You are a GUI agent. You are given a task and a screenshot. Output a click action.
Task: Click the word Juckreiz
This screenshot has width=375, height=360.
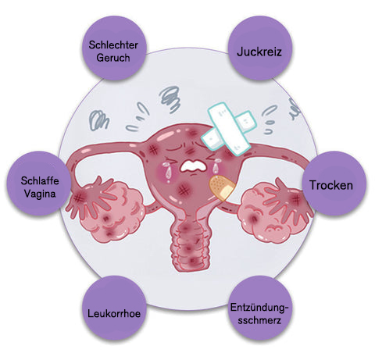pyautogui.click(x=259, y=52)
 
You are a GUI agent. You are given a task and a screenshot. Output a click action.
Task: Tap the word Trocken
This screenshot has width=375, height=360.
pyautogui.click(x=331, y=185)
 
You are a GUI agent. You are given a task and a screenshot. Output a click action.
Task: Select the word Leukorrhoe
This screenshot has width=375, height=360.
pyautogui.click(x=114, y=313)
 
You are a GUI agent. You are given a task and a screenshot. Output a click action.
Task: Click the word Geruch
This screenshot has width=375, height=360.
pyautogui.click(x=113, y=58)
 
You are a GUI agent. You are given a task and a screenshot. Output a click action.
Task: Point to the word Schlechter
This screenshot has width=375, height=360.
pyautogui.click(x=113, y=45)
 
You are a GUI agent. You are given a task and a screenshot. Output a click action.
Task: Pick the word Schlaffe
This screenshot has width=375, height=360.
pyautogui.click(x=40, y=180)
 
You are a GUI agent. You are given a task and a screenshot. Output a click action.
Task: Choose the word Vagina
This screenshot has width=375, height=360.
pyautogui.click(x=40, y=194)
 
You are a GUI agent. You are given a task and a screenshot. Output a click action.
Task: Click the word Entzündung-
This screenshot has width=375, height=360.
pyautogui.click(x=259, y=308)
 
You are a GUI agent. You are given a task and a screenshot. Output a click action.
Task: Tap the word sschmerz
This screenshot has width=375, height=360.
pyautogui.click(x=259, y=320)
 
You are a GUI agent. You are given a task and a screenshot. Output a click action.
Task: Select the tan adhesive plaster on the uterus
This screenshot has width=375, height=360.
pyautogui.click(x=222, y=187)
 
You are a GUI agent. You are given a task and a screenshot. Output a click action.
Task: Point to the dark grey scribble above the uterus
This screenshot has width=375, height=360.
pyautogui.click(x=170, y=99)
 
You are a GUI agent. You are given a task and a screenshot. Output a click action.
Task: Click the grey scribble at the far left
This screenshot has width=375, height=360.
pyautogui.click(x=98, y=120)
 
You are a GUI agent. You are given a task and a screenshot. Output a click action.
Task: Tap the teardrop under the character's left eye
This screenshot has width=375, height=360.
pyautogui.click(x=168, y=171)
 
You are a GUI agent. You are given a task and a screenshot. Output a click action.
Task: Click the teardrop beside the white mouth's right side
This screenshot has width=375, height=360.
pyautogui.click(x=215, y=168)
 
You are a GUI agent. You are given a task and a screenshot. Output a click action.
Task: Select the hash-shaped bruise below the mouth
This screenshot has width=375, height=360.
pyautogui.click(x=184, y=191)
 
